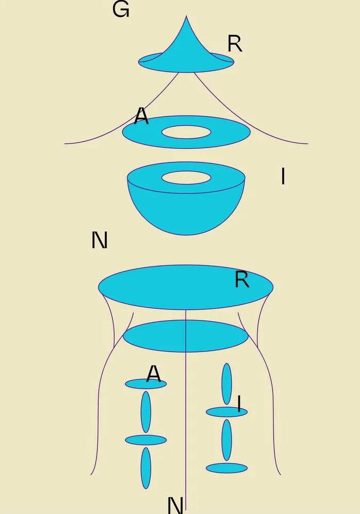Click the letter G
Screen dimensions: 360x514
pos(120,9)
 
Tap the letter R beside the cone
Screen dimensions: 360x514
pos(235,45)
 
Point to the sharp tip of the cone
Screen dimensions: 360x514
pos(186,17)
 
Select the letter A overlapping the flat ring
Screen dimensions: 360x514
pos(141,117)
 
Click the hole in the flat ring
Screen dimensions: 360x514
pos(186,132)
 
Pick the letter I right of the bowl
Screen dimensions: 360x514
pos(283,177)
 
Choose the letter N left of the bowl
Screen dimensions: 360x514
pos(99,240)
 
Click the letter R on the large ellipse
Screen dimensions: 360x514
pos(242,280)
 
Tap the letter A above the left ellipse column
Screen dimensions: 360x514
pos(153,374)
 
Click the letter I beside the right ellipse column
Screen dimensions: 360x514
pos(239,404)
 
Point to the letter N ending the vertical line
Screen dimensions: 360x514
pos(175,505)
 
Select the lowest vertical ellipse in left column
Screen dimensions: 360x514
pos(146,468)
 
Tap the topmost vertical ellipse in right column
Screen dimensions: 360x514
pos(226,383)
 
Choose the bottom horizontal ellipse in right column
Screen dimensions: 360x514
pos(226,468)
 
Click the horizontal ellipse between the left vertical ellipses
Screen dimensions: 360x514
pos(146,440)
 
